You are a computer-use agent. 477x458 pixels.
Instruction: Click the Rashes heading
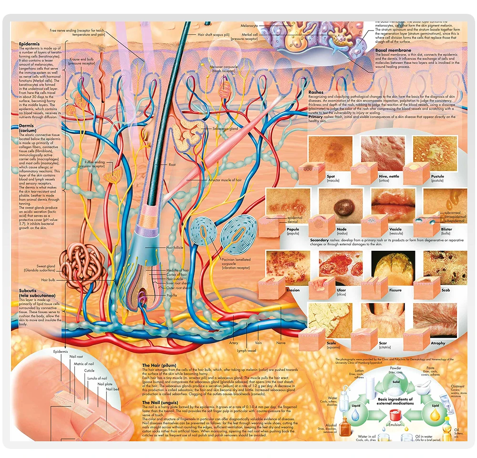[x=316, y=92]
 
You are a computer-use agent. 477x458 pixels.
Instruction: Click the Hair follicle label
[x=175, y=248]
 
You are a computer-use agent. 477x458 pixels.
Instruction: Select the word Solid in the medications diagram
[x=396, y=382]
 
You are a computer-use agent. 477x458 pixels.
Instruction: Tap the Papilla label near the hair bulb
[x=172, y=295]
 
